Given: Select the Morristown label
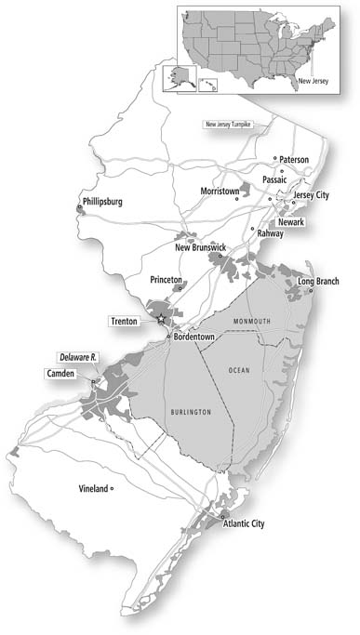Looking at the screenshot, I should coord(220,191).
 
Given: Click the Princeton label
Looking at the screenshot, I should coord(170,279).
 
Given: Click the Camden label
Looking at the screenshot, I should coord(65,374).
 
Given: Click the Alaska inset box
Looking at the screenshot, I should coord(175,78).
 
